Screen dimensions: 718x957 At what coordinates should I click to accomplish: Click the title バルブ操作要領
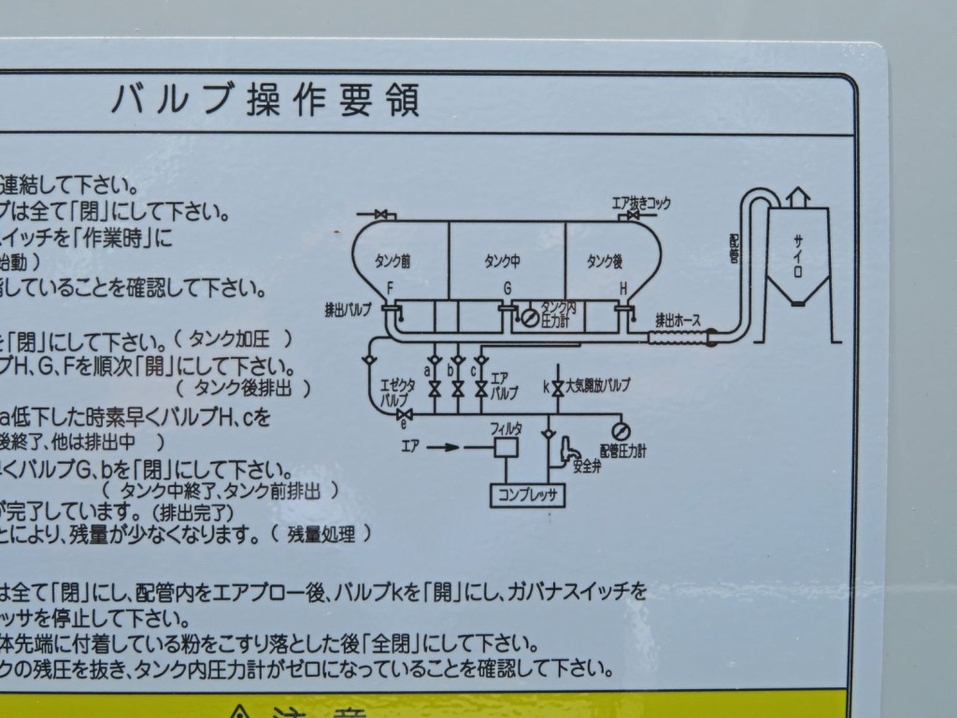(265, 98)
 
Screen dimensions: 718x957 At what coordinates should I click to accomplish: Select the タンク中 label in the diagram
(505, 259)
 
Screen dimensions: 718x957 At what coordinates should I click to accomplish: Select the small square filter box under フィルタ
(507, 447)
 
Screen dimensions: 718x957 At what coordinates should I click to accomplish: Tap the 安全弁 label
(586, 466)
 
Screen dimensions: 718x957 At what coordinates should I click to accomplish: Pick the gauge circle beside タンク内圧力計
(530, 319)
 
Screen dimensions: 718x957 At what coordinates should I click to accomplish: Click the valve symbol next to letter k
(558, 386)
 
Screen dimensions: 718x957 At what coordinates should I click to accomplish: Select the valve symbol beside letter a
(435, 386)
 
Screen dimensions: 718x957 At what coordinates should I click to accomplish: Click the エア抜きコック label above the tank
(641, 203)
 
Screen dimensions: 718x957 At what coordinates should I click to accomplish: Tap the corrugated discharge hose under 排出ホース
(678, 335)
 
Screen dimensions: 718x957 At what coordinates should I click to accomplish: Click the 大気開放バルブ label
(598, 385)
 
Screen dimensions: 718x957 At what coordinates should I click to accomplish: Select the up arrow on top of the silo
(796, 197)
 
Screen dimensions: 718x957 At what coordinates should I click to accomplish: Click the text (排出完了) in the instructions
(193, 513)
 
